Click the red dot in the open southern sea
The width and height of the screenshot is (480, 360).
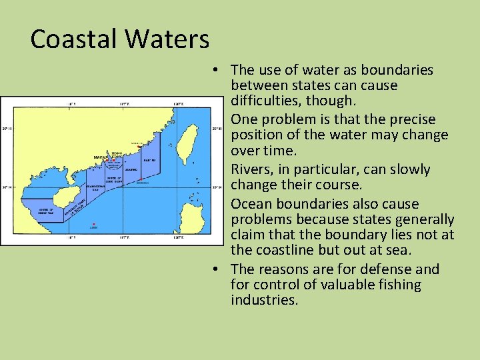(x=94, y=224)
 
